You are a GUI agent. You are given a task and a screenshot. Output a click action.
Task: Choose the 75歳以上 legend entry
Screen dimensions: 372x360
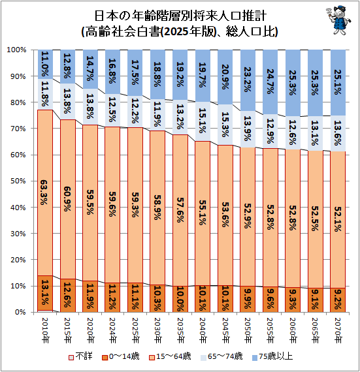(x=272, y=356)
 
